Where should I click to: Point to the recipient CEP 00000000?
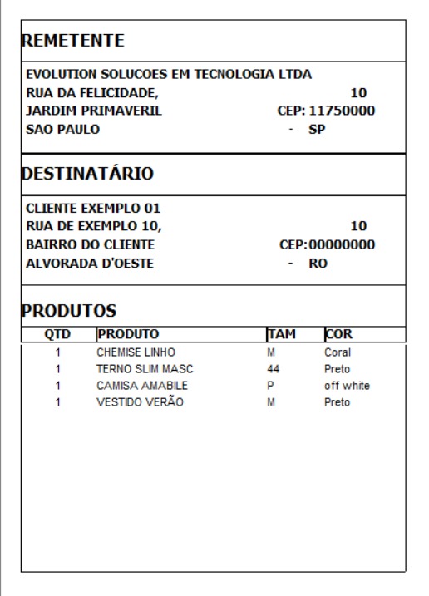tap(342, 244)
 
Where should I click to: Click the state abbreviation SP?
tap(317, 129)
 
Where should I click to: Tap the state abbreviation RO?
tap(318, 263)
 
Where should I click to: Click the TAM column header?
tap(281, 334)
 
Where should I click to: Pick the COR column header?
tap(338, 334)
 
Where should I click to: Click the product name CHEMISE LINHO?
tap(136, 352)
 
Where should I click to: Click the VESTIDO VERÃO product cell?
tap(140, 402)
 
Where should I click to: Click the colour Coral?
tap(338, 352)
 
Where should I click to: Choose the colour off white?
tap(347, 386)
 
